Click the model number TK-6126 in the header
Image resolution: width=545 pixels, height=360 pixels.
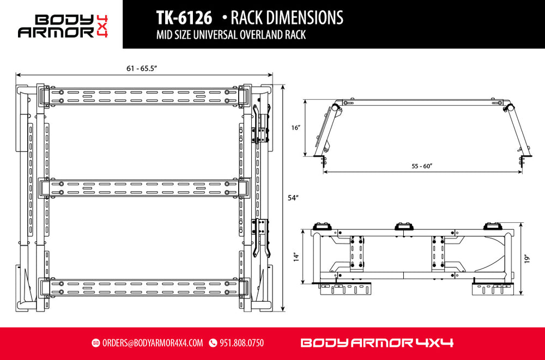(184, 17)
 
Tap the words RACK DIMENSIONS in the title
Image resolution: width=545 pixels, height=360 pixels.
(287, 17)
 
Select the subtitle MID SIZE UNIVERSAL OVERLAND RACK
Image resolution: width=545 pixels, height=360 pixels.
(231, 36)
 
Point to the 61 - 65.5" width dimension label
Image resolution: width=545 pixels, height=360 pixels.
(142, 68)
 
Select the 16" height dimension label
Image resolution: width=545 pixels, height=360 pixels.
(296, 127)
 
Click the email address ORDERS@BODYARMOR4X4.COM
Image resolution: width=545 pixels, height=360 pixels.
(152, 343)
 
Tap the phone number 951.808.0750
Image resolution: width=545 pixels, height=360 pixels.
(241, 343)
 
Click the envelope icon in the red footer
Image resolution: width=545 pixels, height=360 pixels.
(96, 343)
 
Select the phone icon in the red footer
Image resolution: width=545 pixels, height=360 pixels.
(213, 343)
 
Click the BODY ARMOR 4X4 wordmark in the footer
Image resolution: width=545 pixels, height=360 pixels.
(377, 343)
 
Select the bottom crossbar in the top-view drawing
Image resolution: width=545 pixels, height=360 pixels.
(144, 286)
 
